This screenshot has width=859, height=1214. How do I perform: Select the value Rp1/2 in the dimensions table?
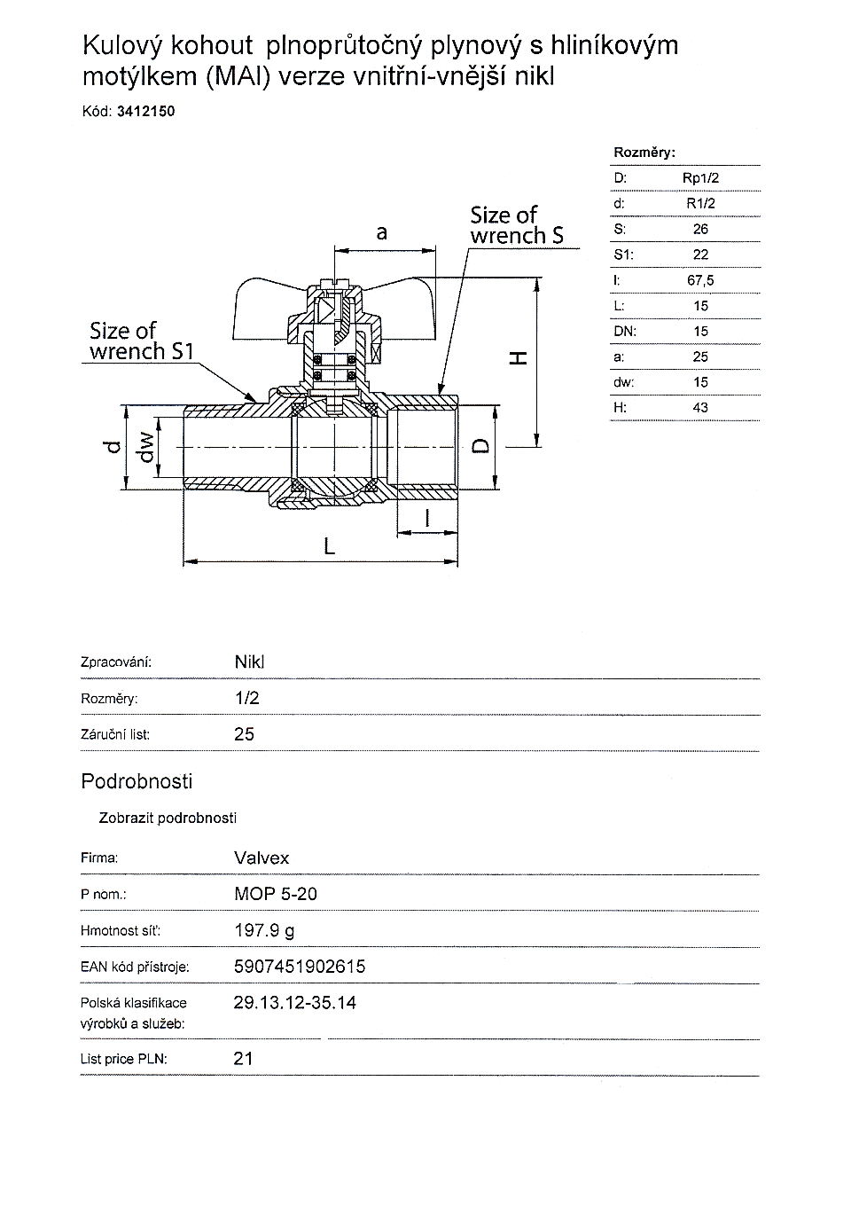(700, 177)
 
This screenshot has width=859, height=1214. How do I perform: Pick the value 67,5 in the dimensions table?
(700, 280)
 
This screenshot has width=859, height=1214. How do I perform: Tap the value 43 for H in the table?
(700, 408)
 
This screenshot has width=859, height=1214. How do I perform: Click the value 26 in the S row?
(700, 229)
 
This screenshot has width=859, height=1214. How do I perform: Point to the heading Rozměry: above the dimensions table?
(644, 153)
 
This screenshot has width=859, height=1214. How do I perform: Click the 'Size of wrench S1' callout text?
(141, 341)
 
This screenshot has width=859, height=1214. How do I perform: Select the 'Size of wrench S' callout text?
(516, 225)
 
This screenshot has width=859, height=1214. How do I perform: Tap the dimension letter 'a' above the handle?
(382, 232)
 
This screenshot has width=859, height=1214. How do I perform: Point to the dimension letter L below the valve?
(330, 546)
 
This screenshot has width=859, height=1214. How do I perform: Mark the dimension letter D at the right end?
(480, 444)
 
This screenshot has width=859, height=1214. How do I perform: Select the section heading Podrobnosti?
(137, 781)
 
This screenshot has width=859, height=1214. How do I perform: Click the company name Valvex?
(262, 858)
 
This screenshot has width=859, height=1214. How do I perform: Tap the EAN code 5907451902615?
(300, 967)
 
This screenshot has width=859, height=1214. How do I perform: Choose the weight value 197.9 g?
(264, 930)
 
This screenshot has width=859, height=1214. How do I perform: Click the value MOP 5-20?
(275, 894)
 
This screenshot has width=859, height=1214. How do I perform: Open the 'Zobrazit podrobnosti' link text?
(168, 818)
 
